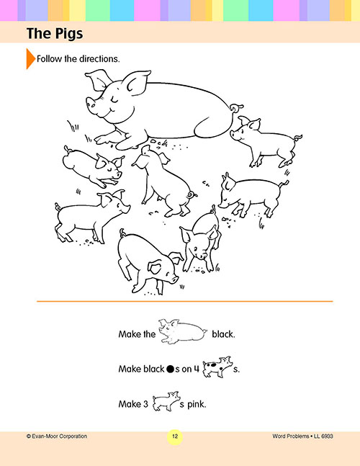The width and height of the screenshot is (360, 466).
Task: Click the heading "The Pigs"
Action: click(55, 33)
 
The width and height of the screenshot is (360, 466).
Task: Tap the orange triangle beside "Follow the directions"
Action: click(30, 58)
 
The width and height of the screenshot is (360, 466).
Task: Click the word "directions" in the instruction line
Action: click(99, 59)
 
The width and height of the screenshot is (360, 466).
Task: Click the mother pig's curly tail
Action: click(236, 107)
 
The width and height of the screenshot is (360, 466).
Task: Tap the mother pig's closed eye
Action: click(114, 101)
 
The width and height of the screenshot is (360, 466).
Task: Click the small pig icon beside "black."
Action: click(182, 331)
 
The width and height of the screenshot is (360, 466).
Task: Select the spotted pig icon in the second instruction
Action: click(217, 367)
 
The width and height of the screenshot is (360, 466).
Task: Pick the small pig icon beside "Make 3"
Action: click(166, 401)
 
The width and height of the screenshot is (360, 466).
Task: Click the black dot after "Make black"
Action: click(170, 369)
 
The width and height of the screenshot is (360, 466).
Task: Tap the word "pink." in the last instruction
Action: click(197, 404)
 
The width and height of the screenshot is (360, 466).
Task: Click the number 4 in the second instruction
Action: click(197, 369)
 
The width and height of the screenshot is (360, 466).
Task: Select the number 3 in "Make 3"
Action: click(145, 404)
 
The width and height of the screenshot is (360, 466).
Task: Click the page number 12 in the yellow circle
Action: click(175, 436)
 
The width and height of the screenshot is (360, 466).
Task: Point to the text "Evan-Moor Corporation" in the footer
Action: click(59, 436)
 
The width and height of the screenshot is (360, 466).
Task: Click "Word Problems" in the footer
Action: click(290, 436)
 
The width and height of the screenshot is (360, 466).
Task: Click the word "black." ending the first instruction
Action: click(223, 334)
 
